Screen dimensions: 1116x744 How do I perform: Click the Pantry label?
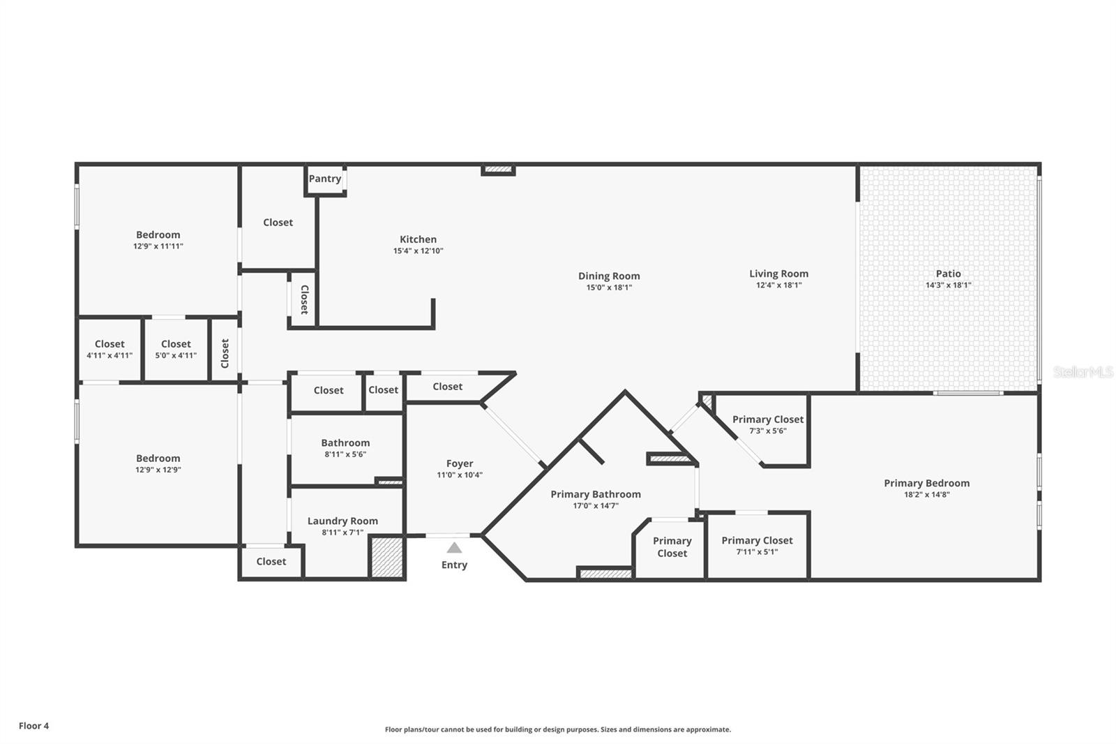[x=325, y=179]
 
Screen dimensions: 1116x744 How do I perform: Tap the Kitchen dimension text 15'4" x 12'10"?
[x=418, y=251]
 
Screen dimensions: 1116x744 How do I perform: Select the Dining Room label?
[x=609, y=276]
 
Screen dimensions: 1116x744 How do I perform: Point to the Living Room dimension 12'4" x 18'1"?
[x=778, y=285]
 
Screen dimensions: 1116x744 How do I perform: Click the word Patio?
[x=948, y=274]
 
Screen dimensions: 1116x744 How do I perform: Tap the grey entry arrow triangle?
[x=454, y=547]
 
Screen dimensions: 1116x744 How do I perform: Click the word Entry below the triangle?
[x=454, y=565]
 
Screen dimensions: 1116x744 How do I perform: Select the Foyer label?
[x=460, y=463]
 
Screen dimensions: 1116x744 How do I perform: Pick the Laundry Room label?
[x=342, y=521]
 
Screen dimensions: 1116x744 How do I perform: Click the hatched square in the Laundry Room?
[x=387, y=558]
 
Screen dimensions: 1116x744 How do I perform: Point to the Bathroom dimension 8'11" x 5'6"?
[x=345, y=454]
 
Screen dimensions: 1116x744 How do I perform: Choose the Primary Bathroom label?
[x=596, y=494]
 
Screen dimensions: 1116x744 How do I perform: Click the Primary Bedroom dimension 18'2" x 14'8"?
[x=927, y=495]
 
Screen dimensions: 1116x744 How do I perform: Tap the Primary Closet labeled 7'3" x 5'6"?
[x=768, y=420]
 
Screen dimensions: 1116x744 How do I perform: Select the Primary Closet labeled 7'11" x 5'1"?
[x=757, y=540]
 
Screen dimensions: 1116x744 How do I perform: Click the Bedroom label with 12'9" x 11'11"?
[x=158, y=235]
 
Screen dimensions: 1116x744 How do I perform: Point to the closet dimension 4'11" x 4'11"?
[x=110, y=355]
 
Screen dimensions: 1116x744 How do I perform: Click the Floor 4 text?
[x=34, y=726]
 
